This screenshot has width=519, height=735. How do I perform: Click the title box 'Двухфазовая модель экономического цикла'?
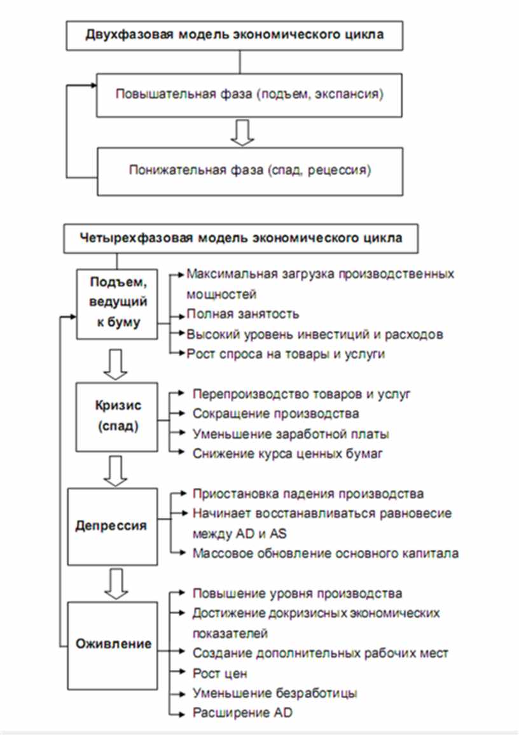click(x=234, y=35)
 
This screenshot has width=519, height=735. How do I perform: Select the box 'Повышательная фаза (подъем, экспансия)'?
click(x=249, y=95)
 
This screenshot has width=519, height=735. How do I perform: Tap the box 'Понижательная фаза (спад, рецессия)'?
click(x=250, y=171)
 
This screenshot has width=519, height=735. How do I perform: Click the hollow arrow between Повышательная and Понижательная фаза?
click(x=242, y=132)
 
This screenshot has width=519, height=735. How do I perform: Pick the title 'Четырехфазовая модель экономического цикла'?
click(x=241, y=239)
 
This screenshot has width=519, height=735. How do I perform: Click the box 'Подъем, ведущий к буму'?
click(x=117, y=304)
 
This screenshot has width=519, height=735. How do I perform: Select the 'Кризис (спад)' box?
click(x=117, y=417)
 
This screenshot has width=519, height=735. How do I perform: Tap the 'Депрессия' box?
click(x=113, y=526)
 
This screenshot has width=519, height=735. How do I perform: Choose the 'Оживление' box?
click(x=113, y=645)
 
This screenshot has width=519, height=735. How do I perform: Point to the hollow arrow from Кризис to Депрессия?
click(x=115, y=470)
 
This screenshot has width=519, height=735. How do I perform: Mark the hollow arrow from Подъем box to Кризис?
click(x=115, y=364)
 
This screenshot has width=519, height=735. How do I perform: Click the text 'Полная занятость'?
click(x=242, y=314)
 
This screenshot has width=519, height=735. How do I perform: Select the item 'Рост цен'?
click(x=219, y=674)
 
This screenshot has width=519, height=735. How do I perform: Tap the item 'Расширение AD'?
click(x=242, y=713)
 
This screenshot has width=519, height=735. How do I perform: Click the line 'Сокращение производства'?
click(x=276, y=414)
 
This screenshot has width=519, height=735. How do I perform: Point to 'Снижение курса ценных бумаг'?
click(x=287, y=453)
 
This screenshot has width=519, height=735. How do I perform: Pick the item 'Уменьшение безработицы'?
click(x=275, y=693)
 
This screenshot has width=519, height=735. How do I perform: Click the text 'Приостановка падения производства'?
click(x=308, y=494)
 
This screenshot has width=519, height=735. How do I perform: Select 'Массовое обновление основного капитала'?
click(x=326, y=553)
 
